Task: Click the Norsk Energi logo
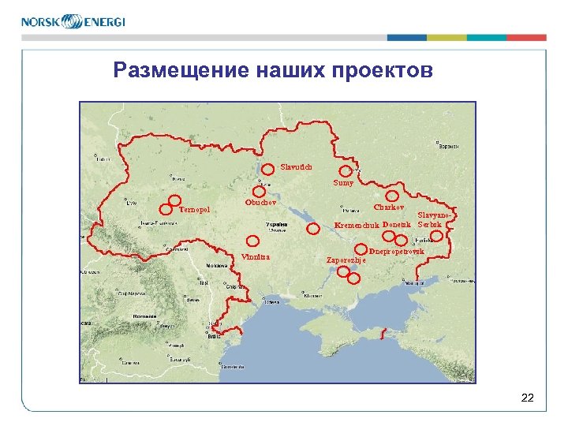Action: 73,21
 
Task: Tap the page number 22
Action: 528,398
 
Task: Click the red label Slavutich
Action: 297,166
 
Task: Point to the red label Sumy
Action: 343,183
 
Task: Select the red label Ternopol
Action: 195,210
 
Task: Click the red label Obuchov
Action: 261,202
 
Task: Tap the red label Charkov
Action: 389,207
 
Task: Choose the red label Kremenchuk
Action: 357,226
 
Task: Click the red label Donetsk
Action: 397,225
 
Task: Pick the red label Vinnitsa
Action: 256,257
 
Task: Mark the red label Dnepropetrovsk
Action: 397,252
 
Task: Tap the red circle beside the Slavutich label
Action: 269,168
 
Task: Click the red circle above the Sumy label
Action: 345,171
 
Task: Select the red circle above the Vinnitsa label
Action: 253,242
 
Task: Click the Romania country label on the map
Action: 144,313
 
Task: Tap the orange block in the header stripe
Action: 526,37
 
